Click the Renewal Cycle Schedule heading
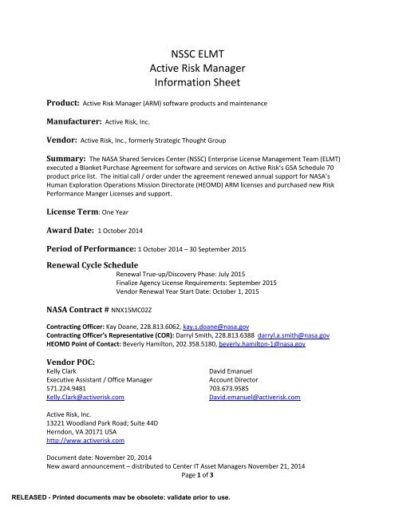pyautogui.click(x=89, y=263)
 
